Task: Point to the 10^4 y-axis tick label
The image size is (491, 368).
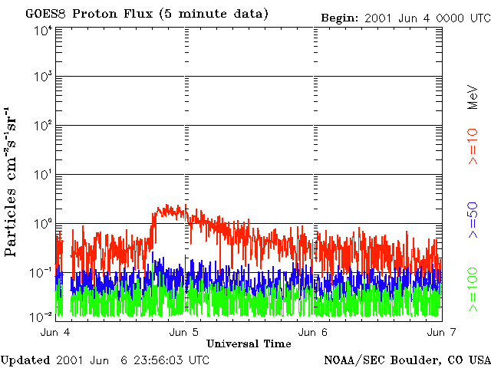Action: point(43,30)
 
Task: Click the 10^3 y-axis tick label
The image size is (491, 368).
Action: point(43,77)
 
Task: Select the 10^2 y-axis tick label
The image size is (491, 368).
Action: point(43,126)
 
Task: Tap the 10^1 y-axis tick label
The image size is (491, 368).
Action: point(43,175)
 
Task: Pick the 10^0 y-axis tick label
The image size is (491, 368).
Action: point(43,223)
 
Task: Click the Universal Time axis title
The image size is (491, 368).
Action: point(249,343)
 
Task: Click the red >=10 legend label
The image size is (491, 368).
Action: point(474,146)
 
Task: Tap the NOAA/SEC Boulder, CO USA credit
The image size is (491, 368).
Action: point(407,360)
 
